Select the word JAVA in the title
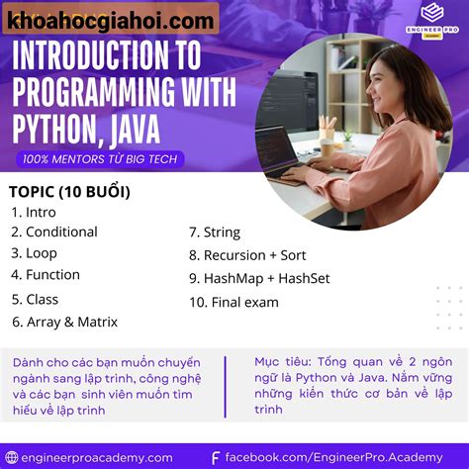(x=164, y=127)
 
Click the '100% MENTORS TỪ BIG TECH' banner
(x=99, y=158)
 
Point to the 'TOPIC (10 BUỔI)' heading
(x=69, y=191)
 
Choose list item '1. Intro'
(x=34, y=212)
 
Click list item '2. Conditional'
(x=54, y=232)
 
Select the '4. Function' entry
(x=46, y=274)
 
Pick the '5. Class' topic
(x=35, y=299)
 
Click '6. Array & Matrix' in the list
(x=64, y=321)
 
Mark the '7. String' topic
(x=215, y=233)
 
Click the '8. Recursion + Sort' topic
(x=247, y=254)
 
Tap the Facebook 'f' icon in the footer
(x=216, y=457)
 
